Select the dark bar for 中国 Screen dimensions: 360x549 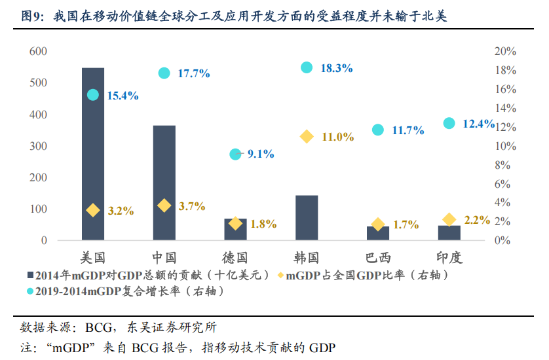[164, 183]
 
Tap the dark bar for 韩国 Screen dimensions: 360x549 [307, 217]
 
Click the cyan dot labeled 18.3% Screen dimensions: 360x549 [307, 67]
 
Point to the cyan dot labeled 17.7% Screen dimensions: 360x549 [164, 73]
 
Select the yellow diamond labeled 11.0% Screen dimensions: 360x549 [307, 136]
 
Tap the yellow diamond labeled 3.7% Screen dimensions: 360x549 [164, 206]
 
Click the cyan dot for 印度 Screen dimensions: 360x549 [449, 123]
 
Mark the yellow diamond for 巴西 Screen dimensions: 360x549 [378, 225]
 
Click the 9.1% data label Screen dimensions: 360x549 [261, 154]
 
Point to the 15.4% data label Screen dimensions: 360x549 [123, 96]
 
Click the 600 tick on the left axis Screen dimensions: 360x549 [38, 52]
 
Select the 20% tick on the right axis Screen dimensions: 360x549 [505, 52]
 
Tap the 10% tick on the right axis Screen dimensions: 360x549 [505, 146]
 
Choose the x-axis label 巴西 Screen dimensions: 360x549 [378, 257]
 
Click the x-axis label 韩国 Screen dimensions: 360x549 [307, 257]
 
